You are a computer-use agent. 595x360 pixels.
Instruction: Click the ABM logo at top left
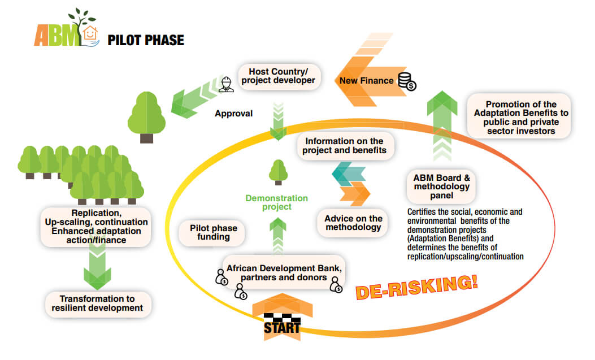[x=66, y=32]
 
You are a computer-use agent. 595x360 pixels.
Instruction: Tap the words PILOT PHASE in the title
[x=146, y=40]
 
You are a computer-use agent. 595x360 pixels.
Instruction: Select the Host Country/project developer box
[x=277, y=77]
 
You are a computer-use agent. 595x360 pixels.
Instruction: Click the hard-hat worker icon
[x=227, y=83]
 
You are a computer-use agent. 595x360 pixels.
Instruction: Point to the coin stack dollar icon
[x=406, y=81]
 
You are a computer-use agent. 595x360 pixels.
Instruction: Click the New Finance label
[x=366, y=81]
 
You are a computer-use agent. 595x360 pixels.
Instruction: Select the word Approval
[x=233, y=114]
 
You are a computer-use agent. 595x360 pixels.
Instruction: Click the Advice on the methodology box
[x=354, y=223]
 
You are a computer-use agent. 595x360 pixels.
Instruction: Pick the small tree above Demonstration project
[x=277, y=172]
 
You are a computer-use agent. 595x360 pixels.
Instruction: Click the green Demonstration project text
[x=276, y=202]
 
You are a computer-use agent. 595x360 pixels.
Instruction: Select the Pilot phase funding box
[x=214, y=232]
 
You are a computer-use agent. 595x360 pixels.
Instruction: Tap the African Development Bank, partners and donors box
[x=284, y=272]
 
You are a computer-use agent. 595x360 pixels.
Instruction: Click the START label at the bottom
[x=281, y=327]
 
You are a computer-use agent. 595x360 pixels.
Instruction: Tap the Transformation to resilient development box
[x=98, y=303]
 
